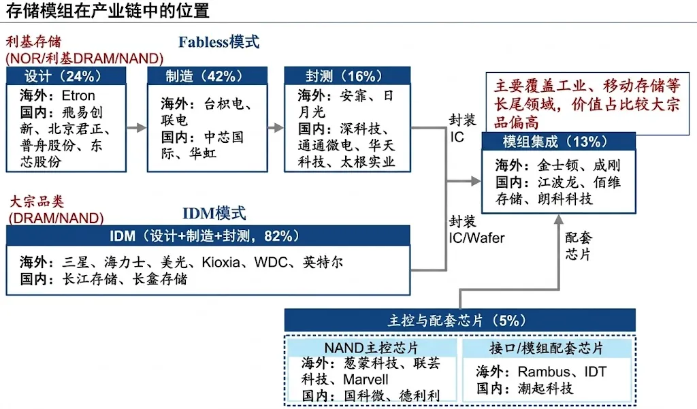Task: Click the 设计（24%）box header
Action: pyautogui.click(x=66, y=76)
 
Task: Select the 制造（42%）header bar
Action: pyautogui.click(x=207, y=76)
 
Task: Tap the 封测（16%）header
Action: pyautogui.click(x=347, y=76)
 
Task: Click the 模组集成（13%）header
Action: pyautogui.click(x=559, y=142)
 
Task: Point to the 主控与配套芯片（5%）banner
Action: pyautogui.click(x=460, y=320)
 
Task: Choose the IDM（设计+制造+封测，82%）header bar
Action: pyautogui.click(x=208, y=235)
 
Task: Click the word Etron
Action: pyautogui.click(x=78, y=95)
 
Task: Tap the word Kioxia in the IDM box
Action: pyautogui.click(x=221, y=262)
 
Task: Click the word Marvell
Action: pyautogui.click(x=366, y=380)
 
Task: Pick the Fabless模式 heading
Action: pyautogui.click(x=218, y=42)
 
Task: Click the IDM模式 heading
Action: pyautogui.click(x=214, y=214)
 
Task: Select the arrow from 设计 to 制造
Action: pyautogui.click(x=136, y=128)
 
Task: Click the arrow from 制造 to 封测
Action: pyautogui.click(x=276, y=128)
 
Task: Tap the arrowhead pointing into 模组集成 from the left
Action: pyautogui.click(x=476, y=181)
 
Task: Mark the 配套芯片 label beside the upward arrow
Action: pyautogui.click(x=579, y=246)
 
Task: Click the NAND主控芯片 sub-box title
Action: pyautogui.click(x=371, y=348)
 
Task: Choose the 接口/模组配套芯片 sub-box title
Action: pyautogui.click(x=547, y=348)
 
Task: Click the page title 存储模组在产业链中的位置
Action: pyautogui.click(x=108, y=10)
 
